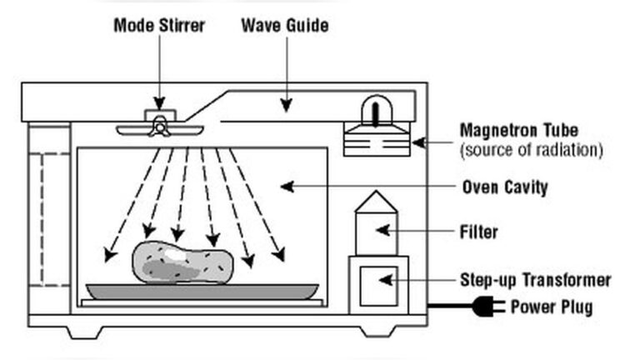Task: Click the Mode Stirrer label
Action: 160,25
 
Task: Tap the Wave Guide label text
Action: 284,25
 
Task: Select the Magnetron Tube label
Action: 518,131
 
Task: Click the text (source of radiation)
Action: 531,150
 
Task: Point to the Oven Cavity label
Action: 504,187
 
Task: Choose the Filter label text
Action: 480,232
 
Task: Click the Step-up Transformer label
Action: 535,280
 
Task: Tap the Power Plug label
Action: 551,307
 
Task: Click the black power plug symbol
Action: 487,307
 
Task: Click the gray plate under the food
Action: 203,290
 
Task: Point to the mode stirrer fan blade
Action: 159,128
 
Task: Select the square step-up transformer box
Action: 378,283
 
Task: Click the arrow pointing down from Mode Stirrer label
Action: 159,71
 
